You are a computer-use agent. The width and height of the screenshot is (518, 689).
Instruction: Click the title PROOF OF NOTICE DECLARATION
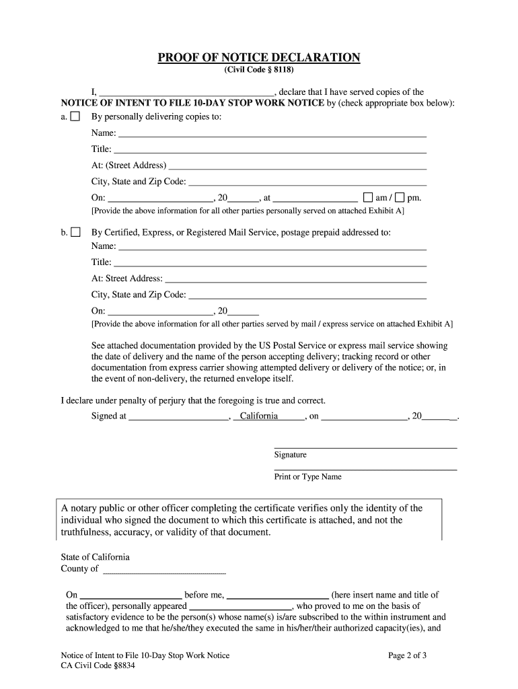pos(259,58)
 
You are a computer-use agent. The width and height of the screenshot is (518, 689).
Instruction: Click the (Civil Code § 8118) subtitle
pos(259,70)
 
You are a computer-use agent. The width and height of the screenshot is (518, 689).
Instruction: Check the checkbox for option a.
pos(75,117)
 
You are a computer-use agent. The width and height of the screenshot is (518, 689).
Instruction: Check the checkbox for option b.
pos(75,233)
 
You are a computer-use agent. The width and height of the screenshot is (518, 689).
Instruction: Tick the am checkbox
pos(368,198)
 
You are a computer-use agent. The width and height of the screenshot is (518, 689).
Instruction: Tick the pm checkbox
pos(400,198)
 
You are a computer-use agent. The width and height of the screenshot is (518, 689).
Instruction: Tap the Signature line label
pos(290,455)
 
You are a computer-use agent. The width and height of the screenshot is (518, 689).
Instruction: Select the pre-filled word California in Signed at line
pos(259,416)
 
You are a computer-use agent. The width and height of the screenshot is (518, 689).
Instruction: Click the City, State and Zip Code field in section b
pos(307,295)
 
